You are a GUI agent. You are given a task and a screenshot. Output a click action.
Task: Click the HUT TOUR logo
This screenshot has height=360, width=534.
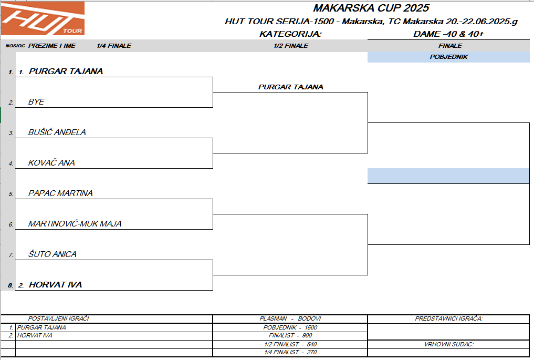tap(42, 19)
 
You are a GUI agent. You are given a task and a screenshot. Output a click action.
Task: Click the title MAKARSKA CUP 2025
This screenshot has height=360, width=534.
tap(371, 8)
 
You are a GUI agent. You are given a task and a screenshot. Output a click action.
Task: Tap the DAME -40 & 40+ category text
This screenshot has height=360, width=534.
tap(448, 34)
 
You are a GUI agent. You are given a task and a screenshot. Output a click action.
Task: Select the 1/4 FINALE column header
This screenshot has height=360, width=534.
tap(114, 46)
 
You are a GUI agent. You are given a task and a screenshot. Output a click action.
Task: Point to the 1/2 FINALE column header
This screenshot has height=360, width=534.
tap(291, 46)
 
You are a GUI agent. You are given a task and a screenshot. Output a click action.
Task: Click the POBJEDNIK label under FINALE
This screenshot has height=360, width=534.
tap(448, 57)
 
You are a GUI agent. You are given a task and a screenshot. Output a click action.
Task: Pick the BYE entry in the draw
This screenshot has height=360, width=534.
tap(36, 102)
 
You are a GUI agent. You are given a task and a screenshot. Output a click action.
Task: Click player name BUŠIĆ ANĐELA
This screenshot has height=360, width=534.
tap(57, 132)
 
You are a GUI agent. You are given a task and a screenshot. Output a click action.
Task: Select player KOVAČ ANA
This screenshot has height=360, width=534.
tap(51, 163)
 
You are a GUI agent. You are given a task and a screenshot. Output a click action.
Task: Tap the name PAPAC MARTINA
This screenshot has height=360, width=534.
tap(60, 193)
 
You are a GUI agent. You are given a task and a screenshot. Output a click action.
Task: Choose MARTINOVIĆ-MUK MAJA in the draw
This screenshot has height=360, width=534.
tap(75, 224)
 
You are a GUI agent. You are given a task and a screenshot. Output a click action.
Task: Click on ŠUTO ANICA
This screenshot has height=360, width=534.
tap(53, 254)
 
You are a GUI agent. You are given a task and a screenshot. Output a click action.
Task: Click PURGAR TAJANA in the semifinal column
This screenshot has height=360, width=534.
tap(291, 87)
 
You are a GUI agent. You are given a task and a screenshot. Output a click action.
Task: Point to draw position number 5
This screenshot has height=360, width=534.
tap(11, 194)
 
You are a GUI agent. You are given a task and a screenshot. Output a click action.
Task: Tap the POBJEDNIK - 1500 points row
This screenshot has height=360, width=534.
tap(290, 327)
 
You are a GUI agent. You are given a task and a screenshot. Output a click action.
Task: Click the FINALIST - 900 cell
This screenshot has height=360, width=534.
tap(290, 335)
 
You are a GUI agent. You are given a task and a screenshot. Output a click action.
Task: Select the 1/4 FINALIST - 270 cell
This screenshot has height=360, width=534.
tap(290, 352)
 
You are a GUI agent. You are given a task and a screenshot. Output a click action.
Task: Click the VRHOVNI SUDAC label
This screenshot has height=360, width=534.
tap(448, 344)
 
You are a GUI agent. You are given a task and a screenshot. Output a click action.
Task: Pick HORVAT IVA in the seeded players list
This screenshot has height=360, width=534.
tap(35, 335)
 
